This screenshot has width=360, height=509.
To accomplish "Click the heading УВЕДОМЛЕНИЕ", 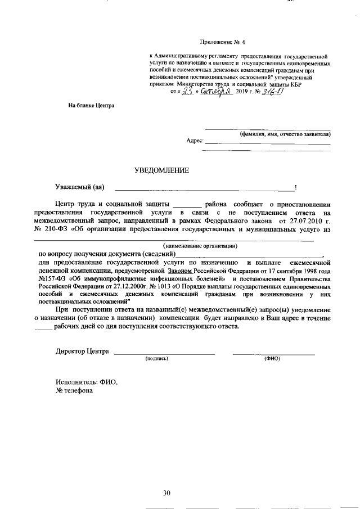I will coord(161,170).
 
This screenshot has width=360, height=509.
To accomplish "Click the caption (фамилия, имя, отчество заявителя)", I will coord(285,134).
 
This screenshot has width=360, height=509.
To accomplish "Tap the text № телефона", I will coord(74,391).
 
